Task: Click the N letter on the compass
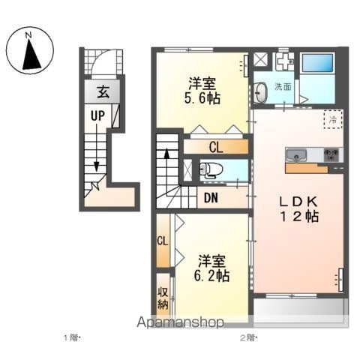[x=29, y=35]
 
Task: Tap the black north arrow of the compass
[x=31, y=55]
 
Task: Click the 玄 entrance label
[x=103, y=91]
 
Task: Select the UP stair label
[x=97, y=115]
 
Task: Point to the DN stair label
[x=211, y=198]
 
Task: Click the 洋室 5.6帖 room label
[x=202, y=91]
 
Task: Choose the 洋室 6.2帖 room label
[x=211, y=268]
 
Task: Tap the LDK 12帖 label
[x=298, y=209]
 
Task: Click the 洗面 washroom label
[x=283, y=87]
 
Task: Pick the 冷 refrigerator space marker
[x=333, y=119]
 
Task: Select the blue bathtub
[x=318, y=62]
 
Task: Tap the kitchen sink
[x=296, y=155]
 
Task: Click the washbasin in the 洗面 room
[x=261, y=92]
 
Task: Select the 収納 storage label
[x=163, y=298]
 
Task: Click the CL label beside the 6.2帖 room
[x=163, y=241]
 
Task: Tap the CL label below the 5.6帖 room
[x=216, y=148]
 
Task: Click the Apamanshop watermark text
[x=180, y=322]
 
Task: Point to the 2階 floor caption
[x=248, y=338]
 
